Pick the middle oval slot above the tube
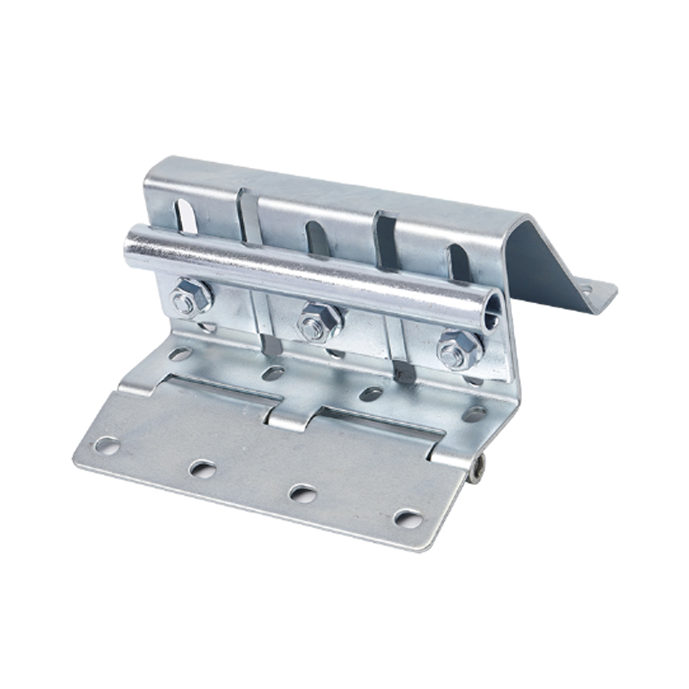pos(316,240)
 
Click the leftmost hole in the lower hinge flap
pos(107,445)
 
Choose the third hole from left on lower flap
pos(302,493)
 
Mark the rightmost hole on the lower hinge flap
pos(407,518)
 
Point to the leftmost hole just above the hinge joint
pos(179,354)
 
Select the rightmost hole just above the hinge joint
pos(473,413)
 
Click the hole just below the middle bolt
pos(274,373)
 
